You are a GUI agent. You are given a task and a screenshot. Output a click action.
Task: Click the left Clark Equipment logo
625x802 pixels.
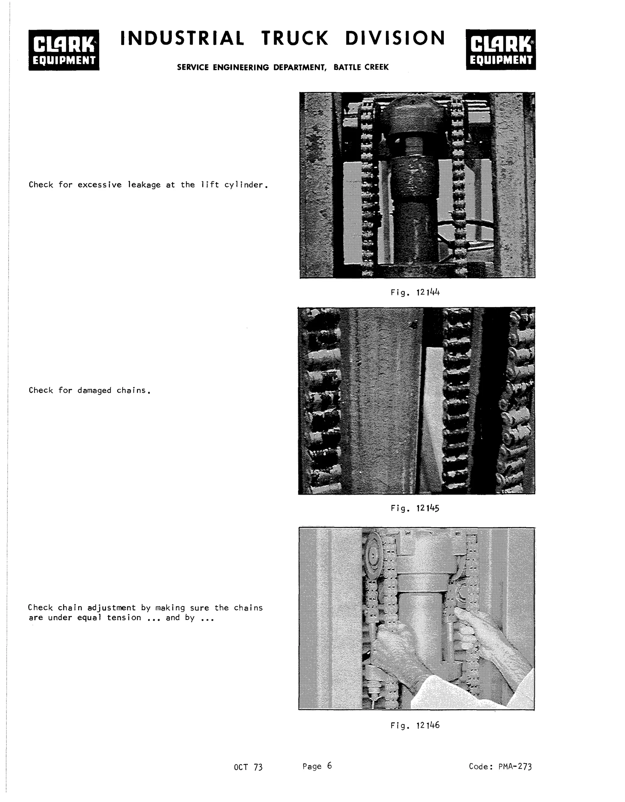[64, 50]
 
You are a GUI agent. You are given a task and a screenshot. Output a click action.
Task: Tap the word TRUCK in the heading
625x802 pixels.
[295, 38]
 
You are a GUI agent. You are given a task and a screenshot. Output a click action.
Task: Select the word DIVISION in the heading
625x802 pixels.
[395, 38]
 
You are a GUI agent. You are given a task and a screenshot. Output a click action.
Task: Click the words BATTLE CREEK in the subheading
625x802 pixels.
[361, 67]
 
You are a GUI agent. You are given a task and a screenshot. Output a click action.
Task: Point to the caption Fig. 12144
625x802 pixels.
[415, 293]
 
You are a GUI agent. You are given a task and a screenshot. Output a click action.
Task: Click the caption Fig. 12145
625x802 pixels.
[415, 508]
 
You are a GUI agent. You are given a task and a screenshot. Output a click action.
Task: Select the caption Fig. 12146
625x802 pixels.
[415, 725]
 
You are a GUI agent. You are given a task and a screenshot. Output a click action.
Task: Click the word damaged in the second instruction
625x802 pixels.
[94, 390]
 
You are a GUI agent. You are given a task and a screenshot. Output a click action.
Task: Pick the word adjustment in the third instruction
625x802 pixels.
[112, 608]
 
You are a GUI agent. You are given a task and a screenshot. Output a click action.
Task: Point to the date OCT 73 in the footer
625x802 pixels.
[248, 767]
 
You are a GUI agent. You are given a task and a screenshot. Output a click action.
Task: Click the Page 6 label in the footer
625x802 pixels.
[317, 766]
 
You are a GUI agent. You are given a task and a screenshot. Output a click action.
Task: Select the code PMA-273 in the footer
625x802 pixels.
[515, 766]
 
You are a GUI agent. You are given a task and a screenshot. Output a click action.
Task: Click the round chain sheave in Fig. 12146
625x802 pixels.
[374, 557]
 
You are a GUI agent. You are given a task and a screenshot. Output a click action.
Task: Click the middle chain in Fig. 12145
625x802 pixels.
[457, 400]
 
